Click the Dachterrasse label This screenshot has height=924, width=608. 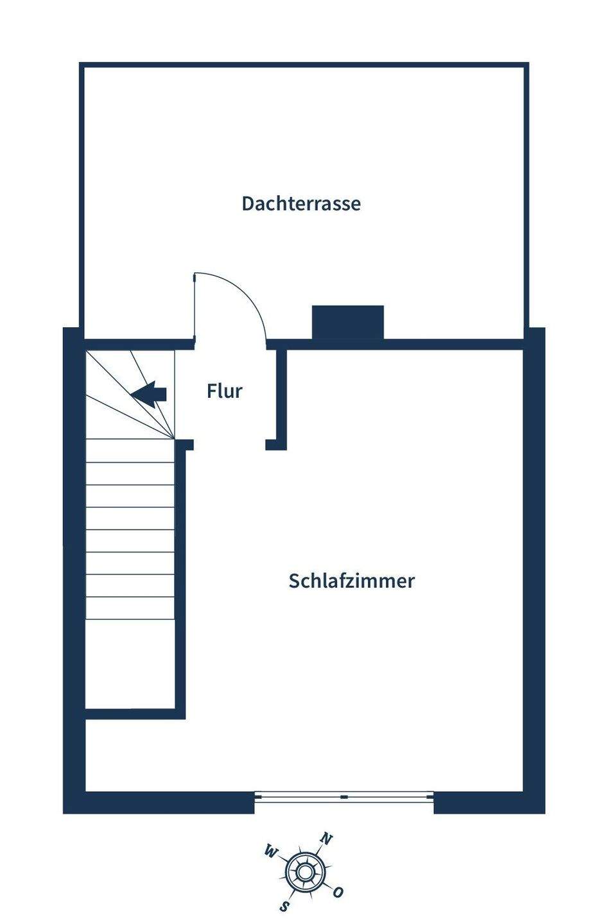click(x=301, y=203)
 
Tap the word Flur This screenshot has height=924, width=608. click(x=225, y=391)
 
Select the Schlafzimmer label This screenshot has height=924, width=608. click(x=352, y=581)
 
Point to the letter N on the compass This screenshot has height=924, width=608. click(x=327, y=839)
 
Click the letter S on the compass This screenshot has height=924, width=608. click(x=284, y=906)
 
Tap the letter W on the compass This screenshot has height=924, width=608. click(x=270, y=852)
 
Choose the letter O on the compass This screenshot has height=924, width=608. click(x=338, y=892)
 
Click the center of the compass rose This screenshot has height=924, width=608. click(x=304, y=871)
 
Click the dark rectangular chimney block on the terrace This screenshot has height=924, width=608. click(x=347, y=322)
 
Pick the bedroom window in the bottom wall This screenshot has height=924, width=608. click(x=344, y=797)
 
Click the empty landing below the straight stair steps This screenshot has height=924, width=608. click(x=130, y=664)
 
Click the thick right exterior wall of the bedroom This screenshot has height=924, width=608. click(x=534, y=571)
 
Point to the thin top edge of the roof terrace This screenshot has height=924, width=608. click(x=304, y=65)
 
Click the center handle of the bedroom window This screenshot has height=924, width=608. click(x=344, y=797)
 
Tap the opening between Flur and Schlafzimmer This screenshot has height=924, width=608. click(x=230, y=445)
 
